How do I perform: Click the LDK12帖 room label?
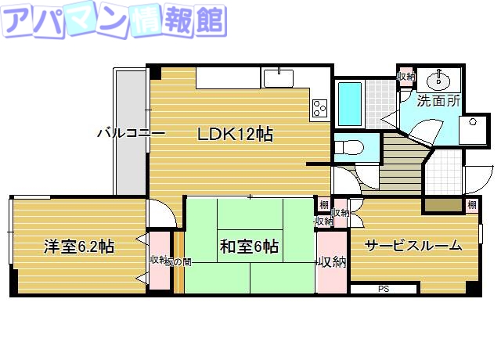(235, 134)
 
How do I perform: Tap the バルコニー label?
(130, 133)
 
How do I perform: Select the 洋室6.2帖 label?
(79, 247)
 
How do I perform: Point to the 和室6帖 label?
(249, 247)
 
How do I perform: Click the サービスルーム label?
(412, 245)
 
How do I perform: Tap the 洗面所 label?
(438, 101)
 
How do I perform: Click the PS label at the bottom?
(383, 290)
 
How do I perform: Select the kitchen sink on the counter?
(278, 78)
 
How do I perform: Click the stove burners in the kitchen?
(320, 106)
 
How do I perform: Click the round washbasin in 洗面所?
(438, 80)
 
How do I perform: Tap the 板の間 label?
(178, 261)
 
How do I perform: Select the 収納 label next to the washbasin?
(405, 77)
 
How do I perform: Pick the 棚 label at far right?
(471, 205)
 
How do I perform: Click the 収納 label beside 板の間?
(157, 261)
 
